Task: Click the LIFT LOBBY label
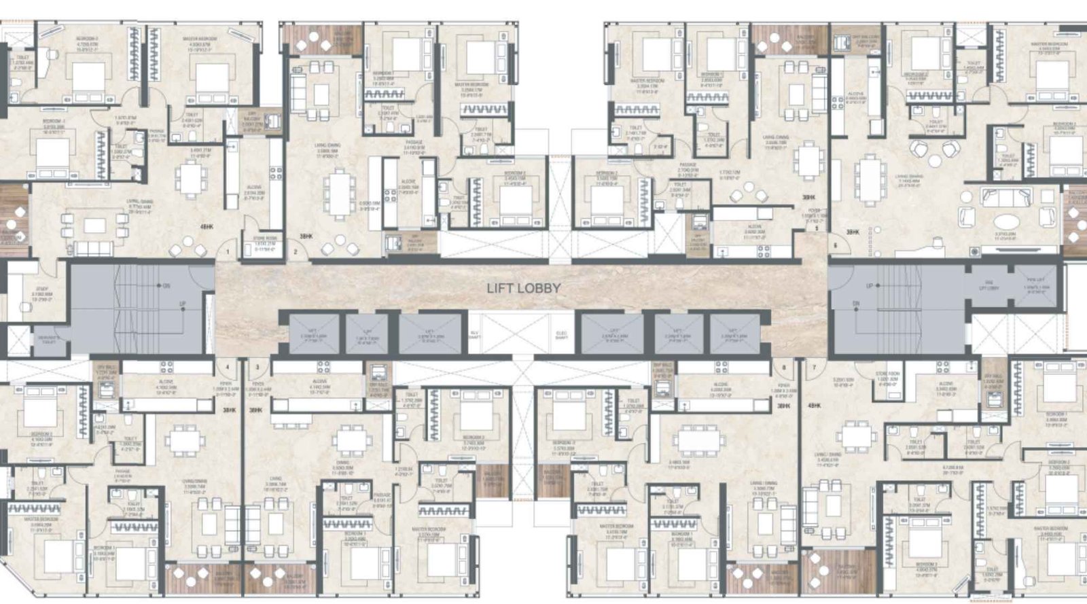tap(523, 288)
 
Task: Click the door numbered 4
tap(228, 368)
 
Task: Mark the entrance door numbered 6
tap(835, 245)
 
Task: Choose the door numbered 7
tap(814, 368)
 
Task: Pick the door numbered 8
tap(785, 368)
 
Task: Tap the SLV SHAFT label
tap(475, 333)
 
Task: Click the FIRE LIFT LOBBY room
tap(989, 287)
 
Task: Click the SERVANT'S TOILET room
tap(48, 339)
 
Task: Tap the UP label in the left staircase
tap(182, 304)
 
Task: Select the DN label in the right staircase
tap(856, 304)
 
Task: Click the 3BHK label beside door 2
tap(306, 236)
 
